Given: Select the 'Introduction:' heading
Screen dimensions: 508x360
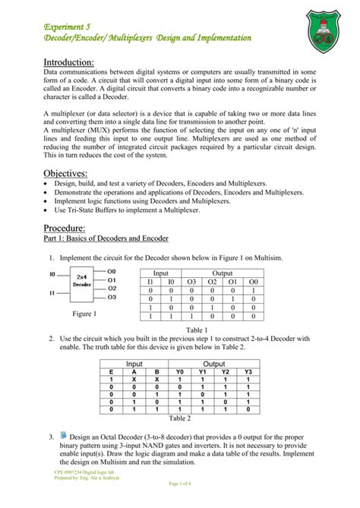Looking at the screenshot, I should tap(68, 62).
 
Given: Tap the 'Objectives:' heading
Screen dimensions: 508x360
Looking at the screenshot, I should tap(65, 174).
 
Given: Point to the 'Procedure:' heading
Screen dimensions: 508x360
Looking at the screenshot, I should tap(64, 229).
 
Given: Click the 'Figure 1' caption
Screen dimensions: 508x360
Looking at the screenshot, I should tap(84, 313).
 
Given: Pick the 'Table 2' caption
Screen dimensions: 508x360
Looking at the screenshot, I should tap(179, 418).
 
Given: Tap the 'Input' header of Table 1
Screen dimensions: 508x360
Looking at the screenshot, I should tap(161, 272).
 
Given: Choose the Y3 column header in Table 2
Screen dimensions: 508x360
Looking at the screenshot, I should tap(247, 371).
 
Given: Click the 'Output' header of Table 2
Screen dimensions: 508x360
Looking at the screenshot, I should tap(214, 363).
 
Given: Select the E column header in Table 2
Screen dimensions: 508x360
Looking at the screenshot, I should tap(112, 371).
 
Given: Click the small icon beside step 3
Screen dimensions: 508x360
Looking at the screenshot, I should tap(62, 435).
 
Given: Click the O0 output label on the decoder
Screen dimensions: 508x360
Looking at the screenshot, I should tap(112, 270).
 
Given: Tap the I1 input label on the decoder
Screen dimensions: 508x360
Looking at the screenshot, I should tap(52, 292).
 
